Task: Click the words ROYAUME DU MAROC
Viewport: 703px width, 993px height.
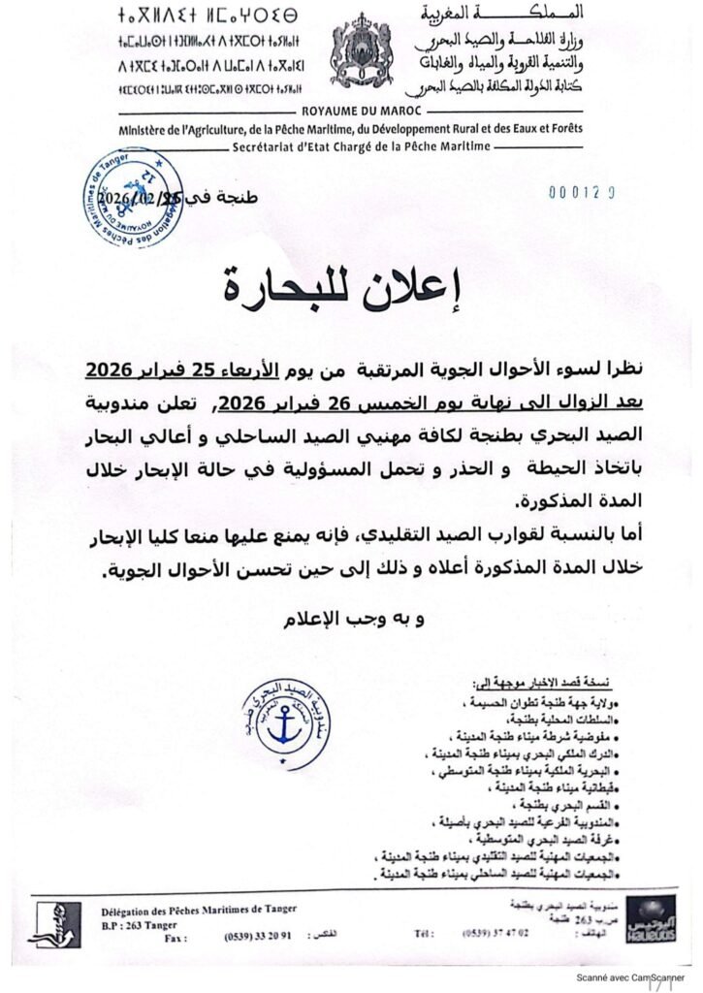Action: point(351,112)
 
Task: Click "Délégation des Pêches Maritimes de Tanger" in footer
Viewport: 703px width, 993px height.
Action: point(199,909)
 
